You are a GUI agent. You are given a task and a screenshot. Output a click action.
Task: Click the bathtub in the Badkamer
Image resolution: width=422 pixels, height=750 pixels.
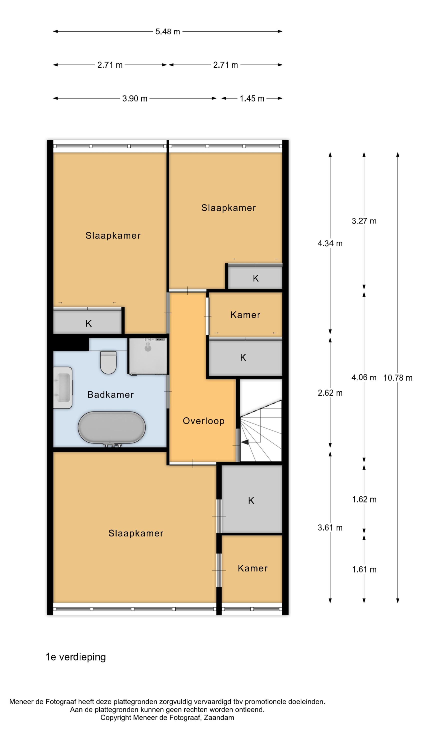pos(111,427)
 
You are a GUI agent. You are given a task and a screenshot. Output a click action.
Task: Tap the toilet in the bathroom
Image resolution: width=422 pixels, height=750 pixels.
pos(108,362)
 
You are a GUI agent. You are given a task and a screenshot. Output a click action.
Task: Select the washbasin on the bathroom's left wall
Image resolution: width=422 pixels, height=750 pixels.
pos(62,387)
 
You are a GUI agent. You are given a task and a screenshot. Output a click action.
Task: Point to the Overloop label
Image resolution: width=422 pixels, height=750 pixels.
pos(203,421)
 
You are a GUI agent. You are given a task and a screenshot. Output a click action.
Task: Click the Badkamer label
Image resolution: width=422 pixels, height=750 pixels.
pos(111,394)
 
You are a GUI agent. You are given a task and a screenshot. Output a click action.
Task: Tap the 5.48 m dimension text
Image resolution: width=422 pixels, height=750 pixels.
pos(167,31)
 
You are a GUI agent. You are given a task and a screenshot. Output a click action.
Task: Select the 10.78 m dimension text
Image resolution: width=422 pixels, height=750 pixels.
pos(397,378)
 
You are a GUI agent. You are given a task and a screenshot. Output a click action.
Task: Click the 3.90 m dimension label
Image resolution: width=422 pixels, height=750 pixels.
pos(134,98)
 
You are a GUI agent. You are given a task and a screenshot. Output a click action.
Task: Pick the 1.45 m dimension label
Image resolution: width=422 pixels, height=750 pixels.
pos(252,98)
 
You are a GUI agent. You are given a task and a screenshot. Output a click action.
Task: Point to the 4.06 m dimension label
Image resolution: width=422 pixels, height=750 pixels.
pos(364,377)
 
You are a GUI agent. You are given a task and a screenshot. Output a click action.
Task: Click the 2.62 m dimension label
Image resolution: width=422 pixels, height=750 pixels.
pos(330,393)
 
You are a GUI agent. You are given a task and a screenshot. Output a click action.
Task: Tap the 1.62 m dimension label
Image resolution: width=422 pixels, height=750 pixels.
pos(364,499)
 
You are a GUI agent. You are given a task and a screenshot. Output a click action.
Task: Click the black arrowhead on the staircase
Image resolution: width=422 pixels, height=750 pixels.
pos(245,442)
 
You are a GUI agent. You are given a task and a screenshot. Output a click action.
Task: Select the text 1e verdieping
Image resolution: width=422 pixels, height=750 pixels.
pos(76,657)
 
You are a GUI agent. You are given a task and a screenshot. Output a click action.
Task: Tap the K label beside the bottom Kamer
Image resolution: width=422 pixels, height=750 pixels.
pos(251,500)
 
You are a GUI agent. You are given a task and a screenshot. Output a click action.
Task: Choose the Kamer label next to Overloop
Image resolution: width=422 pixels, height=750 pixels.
pos(245,315)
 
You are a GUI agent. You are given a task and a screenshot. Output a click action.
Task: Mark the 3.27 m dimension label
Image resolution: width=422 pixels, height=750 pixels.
pos(364,221)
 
